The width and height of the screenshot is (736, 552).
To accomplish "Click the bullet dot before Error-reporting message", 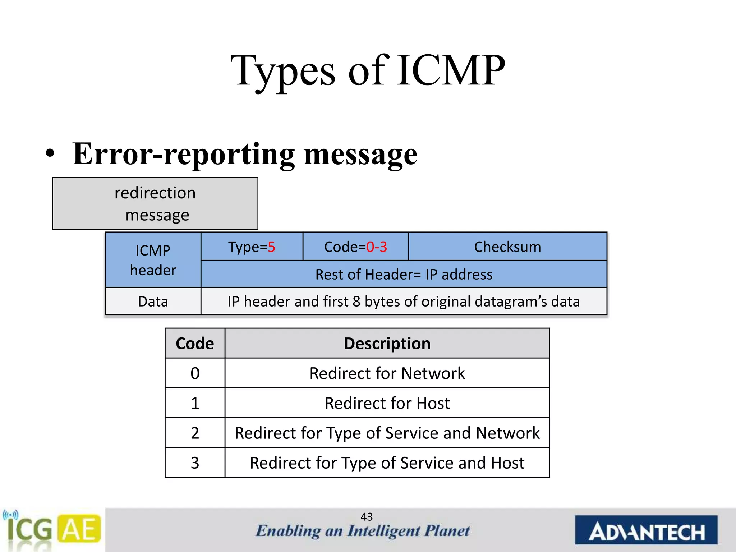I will pyautogui.click(x=50, y=155).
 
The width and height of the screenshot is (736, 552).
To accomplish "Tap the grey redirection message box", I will pyautogui.click(x=155, y=203).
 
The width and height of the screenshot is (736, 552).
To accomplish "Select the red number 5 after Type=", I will pyautogui.click(x=272, y=247).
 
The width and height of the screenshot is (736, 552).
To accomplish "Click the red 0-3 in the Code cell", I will pyautogui.click(x=376, y=247).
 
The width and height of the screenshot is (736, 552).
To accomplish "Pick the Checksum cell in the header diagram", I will pyautogui.click(x=507, y=247).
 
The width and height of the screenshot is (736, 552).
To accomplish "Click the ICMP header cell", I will pyautogui.click(x=153, y=260).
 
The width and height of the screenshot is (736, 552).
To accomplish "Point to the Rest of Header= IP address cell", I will pyautogui.click(x=404, y=274).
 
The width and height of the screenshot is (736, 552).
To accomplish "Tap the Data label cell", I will pyautogui.click(x=153, y=301).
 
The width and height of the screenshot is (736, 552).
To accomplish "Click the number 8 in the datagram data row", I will pyautogui.click(x=356, y=302).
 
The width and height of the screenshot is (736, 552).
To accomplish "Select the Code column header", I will pyautogui.click(x=195, y=343).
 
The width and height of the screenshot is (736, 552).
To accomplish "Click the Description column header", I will pyautogui.click(x=387, y=343).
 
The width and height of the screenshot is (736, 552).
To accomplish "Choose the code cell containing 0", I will pyautogui.click(x=195, y=373).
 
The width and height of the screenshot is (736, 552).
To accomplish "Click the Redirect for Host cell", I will pyautogui.click(x=387, y=403).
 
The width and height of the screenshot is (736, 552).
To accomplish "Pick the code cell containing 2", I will pyautogui.click(x=195, y=433).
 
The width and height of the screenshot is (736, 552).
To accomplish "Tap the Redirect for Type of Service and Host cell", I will pyautogui.click(x=387, y=463).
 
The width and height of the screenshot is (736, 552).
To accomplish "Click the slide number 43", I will pyautogui.click(x=367, y=516).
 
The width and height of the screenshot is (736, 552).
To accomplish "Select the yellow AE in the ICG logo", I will pyautogui.click(x=79, y=529).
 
